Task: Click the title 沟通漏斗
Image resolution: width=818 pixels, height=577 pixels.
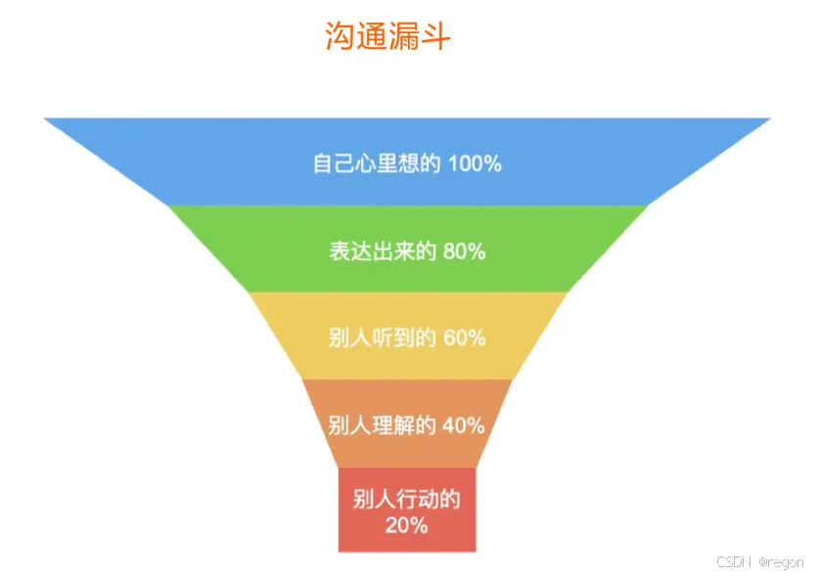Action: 387,36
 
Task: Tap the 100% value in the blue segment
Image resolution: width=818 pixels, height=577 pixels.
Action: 475,163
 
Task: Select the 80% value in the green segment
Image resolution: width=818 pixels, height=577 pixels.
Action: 464,250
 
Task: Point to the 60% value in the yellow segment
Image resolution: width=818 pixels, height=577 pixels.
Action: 464,338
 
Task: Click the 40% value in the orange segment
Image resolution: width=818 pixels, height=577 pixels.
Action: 463,425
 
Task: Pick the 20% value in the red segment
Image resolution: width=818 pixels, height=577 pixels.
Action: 406,525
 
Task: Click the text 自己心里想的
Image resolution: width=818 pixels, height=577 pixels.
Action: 377,163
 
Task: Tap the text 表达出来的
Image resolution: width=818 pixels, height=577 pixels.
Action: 384,250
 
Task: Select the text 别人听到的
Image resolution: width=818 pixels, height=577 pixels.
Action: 384,338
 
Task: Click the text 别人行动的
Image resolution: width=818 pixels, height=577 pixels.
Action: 406,500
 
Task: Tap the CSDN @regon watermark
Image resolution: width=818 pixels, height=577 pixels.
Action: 760,561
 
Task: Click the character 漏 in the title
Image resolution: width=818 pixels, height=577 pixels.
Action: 403,36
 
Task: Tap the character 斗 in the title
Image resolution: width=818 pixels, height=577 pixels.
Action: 434,36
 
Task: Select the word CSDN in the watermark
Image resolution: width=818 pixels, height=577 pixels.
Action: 733,561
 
